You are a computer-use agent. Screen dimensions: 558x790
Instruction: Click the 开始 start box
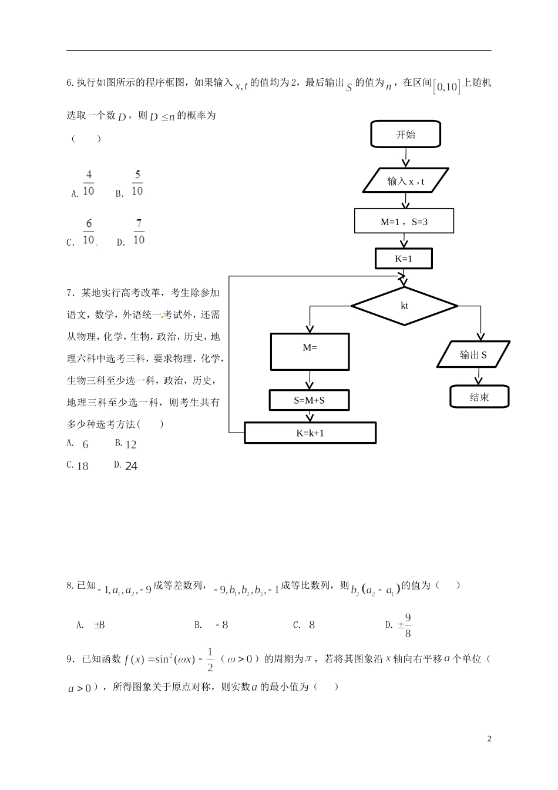(405, 135)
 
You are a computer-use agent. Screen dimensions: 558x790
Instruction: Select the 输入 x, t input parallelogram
(406, 181)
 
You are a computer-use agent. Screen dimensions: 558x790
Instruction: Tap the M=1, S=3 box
(404, 222)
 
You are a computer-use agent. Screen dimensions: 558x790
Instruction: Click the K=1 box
(404, 259)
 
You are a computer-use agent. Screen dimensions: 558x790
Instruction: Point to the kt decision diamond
(404, 306)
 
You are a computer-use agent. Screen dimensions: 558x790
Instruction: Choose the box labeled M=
(310, 352)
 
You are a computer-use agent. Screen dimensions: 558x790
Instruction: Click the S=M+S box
(309, 401)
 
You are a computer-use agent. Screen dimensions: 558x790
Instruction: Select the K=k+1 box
(310, 433)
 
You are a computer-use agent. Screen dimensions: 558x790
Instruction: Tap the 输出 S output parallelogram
(473, 355)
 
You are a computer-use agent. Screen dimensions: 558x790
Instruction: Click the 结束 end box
(479, 397)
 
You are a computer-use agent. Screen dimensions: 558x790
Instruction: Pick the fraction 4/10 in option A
(88, 183)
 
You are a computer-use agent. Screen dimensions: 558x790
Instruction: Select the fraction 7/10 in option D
(139, 232)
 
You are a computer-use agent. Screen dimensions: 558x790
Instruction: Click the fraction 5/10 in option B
(137, 183)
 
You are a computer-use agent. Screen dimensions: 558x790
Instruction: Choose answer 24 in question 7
(132, 466)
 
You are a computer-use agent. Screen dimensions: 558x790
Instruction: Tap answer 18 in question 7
(83, 466)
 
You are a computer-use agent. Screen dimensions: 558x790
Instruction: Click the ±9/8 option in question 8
(404, 625)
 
